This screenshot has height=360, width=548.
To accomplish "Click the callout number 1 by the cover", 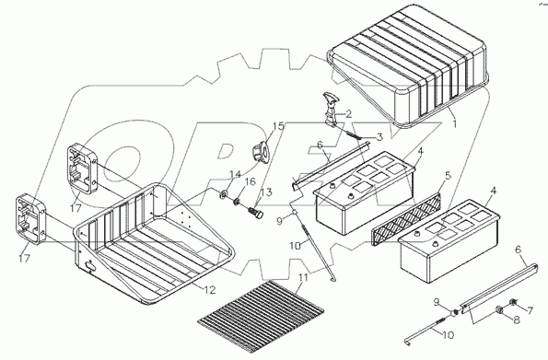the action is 454,123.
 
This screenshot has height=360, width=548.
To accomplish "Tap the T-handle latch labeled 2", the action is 331,110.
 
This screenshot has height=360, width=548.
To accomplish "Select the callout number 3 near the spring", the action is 379,137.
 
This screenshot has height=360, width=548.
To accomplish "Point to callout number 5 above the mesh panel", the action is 448,176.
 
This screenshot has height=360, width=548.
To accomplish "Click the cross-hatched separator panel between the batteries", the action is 405,218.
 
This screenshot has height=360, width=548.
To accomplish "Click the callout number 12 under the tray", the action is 210,290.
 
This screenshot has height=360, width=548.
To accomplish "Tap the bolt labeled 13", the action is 256,213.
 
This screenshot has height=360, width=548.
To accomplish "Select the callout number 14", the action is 235,174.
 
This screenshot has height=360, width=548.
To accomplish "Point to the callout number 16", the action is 250,181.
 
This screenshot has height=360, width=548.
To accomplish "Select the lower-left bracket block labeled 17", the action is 30,219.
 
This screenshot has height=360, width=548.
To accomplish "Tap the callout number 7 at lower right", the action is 530,310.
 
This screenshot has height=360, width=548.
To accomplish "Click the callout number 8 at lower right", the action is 516,319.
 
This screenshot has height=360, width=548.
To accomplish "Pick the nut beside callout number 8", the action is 500,309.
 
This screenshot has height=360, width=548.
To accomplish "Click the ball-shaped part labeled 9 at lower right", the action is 454,312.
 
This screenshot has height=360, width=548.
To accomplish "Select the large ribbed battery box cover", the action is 408,65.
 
